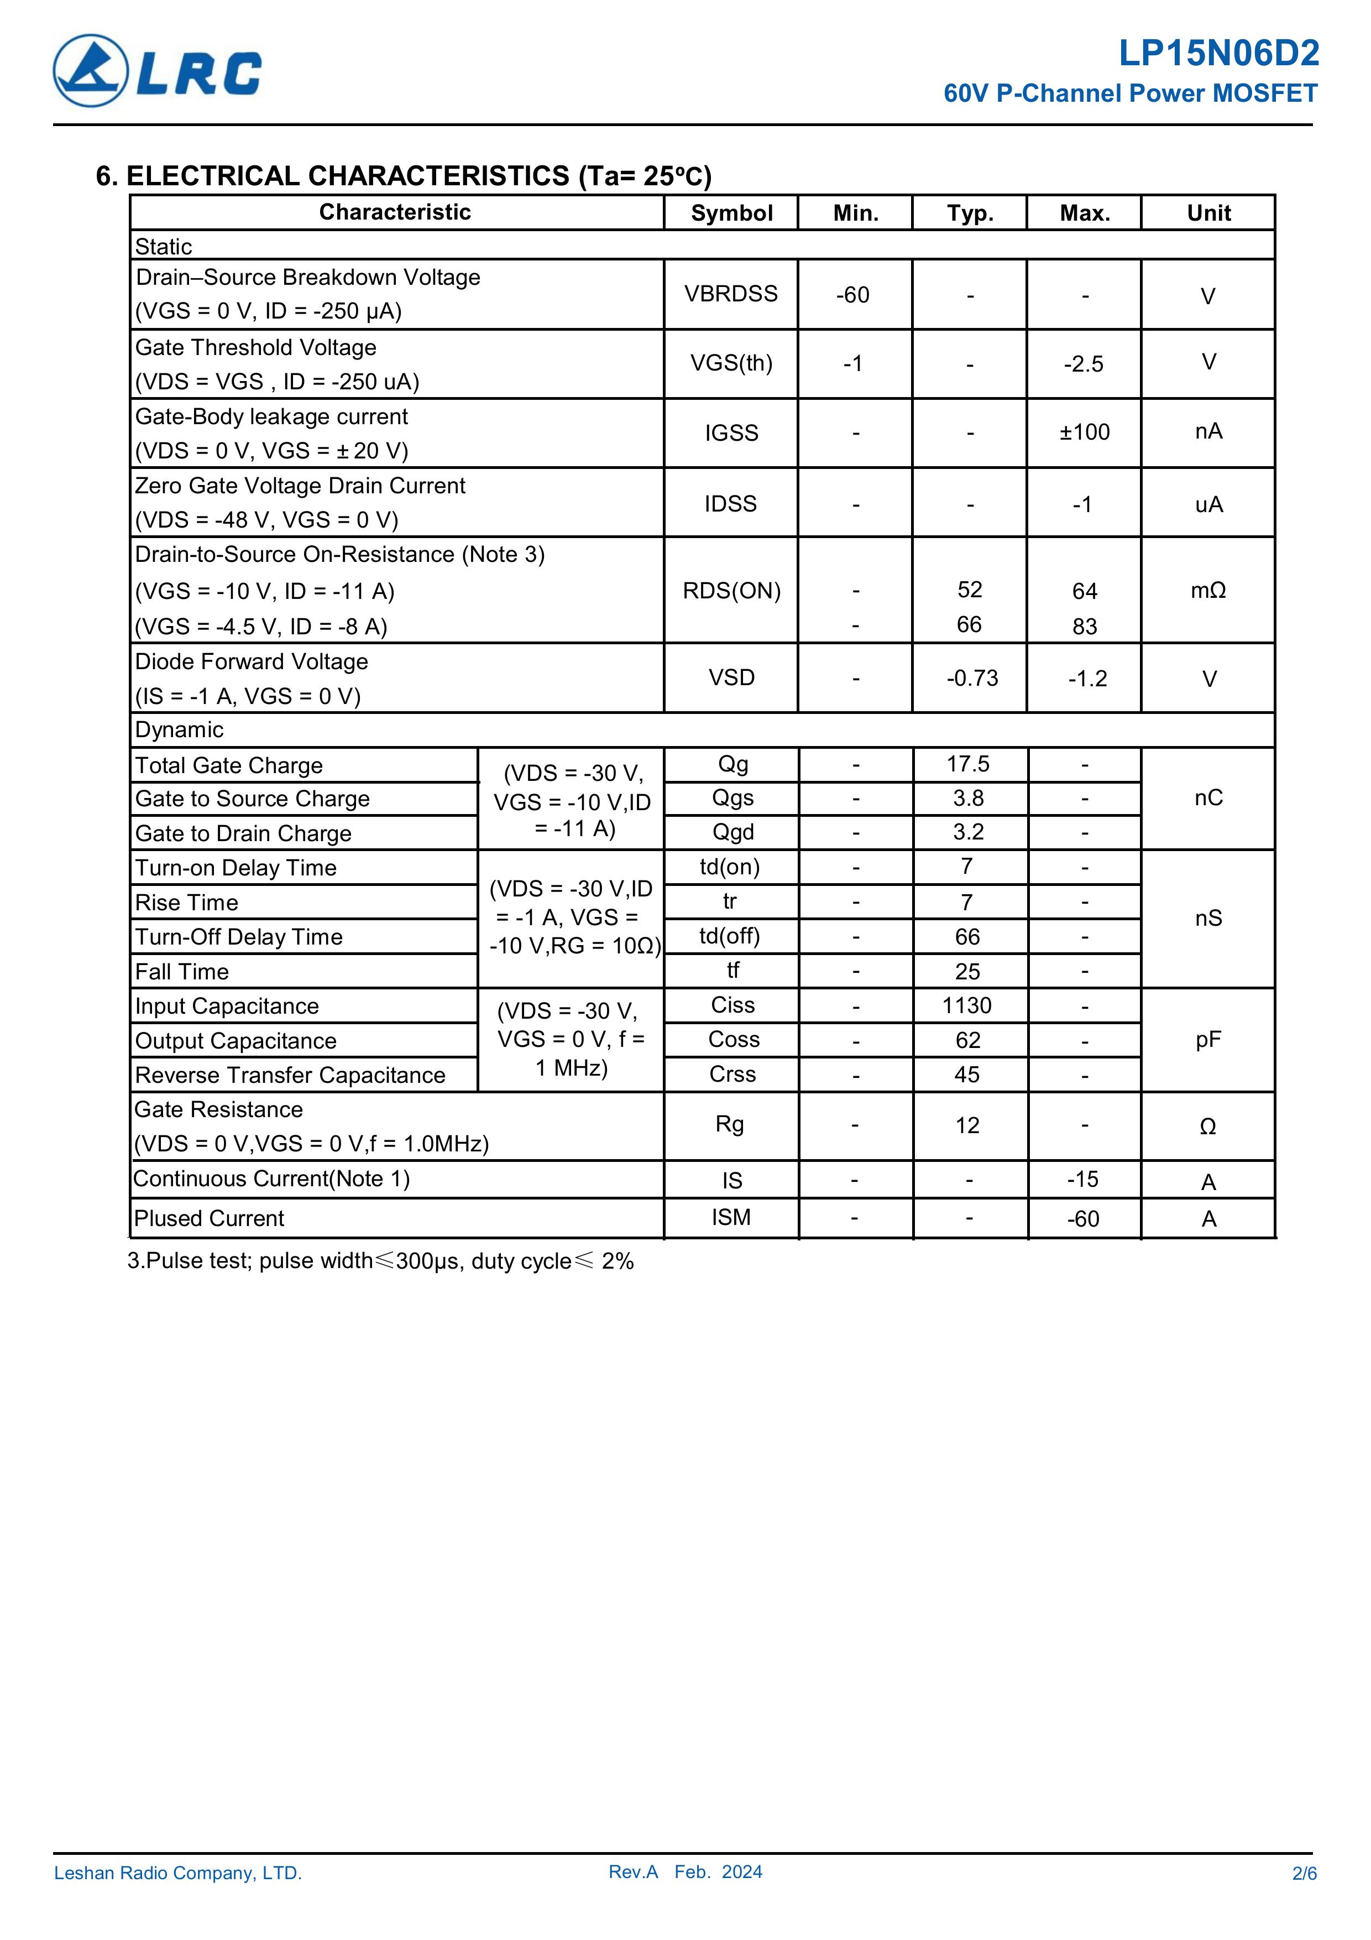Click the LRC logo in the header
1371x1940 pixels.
[x=157, y=71]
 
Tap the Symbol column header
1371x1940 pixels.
[x=731, y=213]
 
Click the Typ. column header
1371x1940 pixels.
[x=970, y=213]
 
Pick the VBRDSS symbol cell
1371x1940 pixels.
[x=731, y=294]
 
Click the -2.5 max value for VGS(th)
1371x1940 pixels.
[x=1084, y=364]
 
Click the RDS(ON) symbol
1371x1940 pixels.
[x=731, y=591]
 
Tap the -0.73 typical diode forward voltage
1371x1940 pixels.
[x=971, y=679]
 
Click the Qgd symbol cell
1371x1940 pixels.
[x=732, y=832]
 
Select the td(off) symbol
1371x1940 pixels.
[x=730, y=936]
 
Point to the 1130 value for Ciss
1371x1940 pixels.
[x=967, y=1005]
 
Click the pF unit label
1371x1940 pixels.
[x=1208, y=1040]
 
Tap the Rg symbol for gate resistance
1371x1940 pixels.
[x=730, y=1125]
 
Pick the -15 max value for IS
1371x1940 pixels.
[x=1083, y=1180]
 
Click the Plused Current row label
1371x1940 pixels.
[x=210, y=1218]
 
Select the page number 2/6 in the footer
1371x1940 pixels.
[x=1304, y=1897]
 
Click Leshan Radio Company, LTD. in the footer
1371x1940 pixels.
[x=178, y=1897]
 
